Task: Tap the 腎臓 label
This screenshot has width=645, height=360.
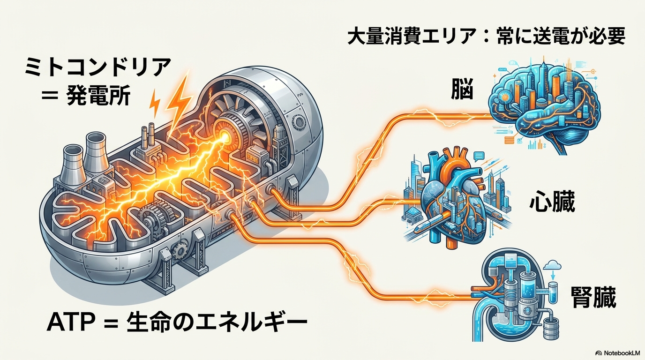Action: point(593,296)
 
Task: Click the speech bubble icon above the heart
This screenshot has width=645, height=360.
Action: point(478,157)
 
